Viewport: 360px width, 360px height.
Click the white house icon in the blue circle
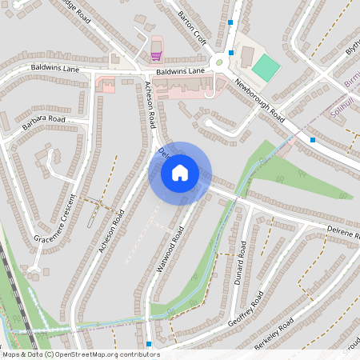point(180,172)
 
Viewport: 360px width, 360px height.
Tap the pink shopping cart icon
point(156,55)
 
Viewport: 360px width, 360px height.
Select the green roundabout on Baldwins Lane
point(218,62)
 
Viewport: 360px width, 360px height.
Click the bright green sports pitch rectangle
point(266,66)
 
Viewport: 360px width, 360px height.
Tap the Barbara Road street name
point(44,123)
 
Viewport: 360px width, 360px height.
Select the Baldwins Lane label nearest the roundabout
point(181,72)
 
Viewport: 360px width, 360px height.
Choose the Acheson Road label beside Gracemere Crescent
point(112,232)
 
